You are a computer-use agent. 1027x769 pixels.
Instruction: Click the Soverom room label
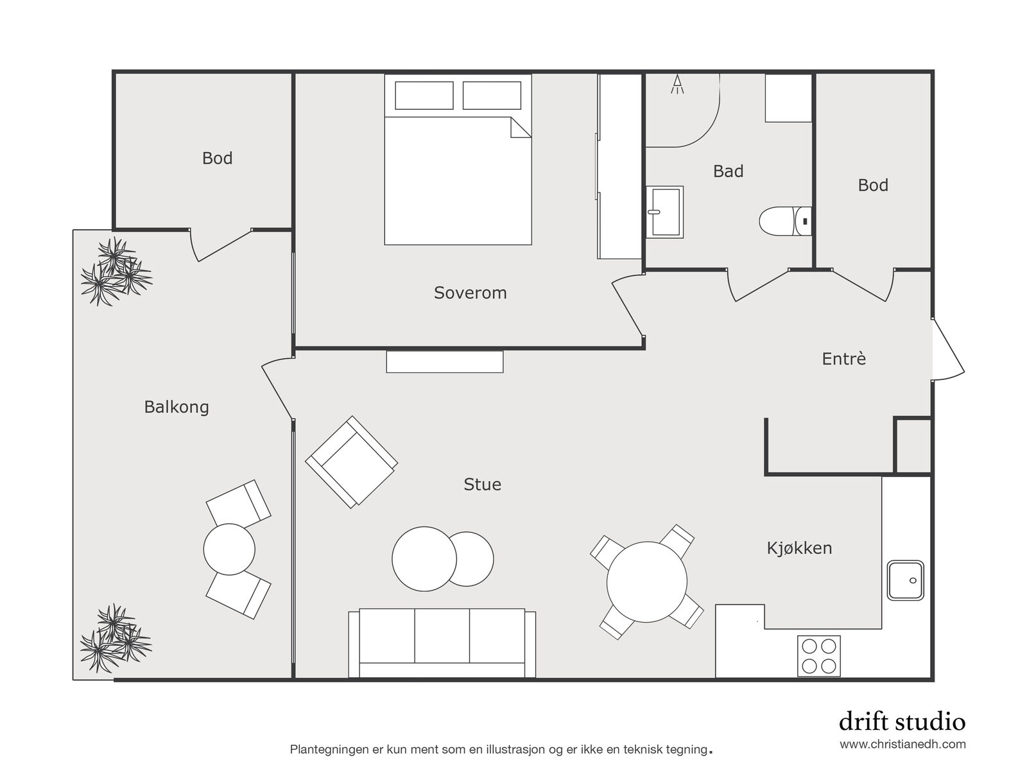(x=470, y=293)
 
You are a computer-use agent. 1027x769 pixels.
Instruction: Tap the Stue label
(x=483, y=484)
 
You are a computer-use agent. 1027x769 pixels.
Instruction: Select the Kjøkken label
(x=799, y=548)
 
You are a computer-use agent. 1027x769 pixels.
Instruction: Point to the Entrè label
(x=843, y=359)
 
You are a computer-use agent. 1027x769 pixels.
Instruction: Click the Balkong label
(x=177, y=408)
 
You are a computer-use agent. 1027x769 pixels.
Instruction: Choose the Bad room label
(x=728, y=171)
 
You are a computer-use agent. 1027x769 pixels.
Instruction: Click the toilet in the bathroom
(x=785, y=221)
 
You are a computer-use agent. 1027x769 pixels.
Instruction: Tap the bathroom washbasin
(x=664, y=212)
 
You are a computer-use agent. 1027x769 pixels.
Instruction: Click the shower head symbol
(x=677, y=84)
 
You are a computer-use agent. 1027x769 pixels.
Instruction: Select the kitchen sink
(x=905, y=580)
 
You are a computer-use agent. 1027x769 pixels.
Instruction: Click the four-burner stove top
(x=819, y=656)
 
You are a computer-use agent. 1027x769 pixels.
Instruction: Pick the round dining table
(x=647, y=582)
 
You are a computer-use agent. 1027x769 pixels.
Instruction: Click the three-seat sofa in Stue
(x=442, y=643)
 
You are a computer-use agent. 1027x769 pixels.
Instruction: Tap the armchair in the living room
(x=351, y=462)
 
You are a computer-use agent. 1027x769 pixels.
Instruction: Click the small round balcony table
(x=229, y=549)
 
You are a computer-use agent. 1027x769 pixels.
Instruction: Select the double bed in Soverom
(x=458, y=159)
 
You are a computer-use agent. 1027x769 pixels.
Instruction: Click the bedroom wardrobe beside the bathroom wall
(x=619, y=166)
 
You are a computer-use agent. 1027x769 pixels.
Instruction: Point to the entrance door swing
(x=948, y=349)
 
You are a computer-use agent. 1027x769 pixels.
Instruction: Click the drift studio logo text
(x=902, y=721)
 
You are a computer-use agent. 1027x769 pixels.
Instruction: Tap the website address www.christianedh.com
(x=903, y=744)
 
